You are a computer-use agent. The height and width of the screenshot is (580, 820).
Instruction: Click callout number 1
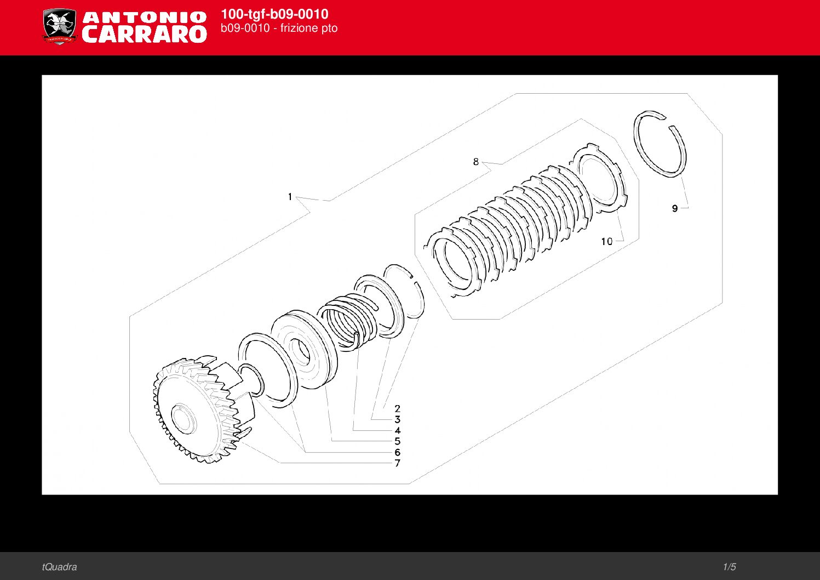coord(290,197)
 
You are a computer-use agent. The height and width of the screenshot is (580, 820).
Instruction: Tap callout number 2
coord(398,408)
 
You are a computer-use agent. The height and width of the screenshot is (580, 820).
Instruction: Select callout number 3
coord(398,419)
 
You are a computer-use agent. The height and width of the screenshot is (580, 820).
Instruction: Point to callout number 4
coord(398,430)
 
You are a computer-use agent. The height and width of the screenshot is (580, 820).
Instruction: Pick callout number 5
coord(398,441)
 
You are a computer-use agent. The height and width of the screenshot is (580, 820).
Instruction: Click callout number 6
coord(398,452)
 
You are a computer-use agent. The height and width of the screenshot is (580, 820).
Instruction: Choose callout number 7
coord(398,463)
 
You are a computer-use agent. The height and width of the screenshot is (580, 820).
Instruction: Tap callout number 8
coord(476,162)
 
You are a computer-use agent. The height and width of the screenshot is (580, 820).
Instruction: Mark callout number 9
coord(675,208)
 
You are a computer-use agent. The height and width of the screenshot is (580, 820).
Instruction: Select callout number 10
coord(606,241)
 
